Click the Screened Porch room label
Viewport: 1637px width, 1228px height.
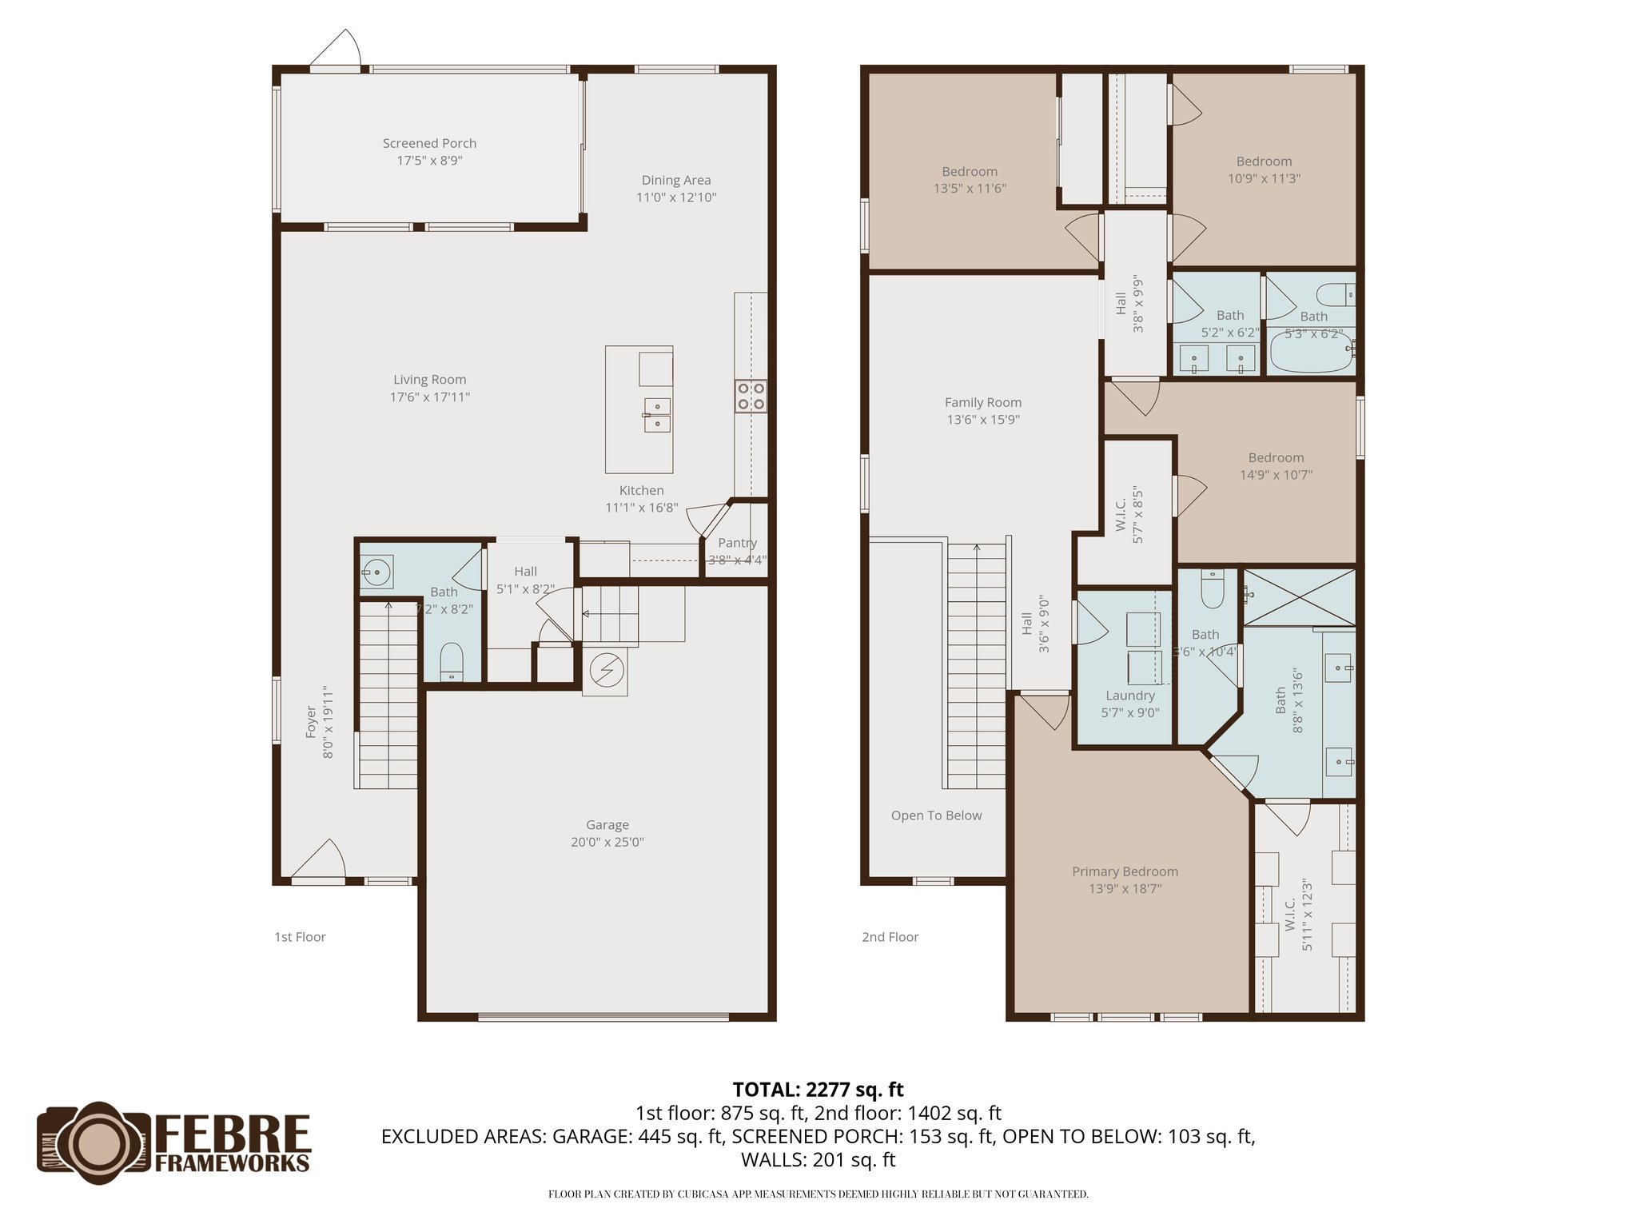pos(429,144)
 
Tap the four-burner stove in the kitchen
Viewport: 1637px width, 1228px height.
pos(751,396)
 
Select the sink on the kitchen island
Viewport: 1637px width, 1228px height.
pos(657,416)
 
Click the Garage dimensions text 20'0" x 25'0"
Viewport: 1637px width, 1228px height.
pos(607,842)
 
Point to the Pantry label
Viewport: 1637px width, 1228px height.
pos(737,543)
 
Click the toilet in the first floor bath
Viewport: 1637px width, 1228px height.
pos(452,660)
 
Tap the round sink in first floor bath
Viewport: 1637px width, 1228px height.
pos(375,572)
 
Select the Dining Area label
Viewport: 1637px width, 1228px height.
pos(675,181)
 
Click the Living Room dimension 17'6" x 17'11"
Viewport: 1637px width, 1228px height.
pos(430,397)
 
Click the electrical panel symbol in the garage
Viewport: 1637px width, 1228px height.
pos(605,671)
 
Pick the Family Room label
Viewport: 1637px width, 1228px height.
pos(982,403)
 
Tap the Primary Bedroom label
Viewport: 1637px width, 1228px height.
pos(1125,871)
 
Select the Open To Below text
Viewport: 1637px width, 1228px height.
pos(936,815)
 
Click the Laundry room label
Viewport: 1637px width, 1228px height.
pos(1129,696)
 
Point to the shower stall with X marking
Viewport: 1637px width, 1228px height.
pos(1300,597)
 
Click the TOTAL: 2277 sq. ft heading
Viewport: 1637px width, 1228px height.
pos(818,1090)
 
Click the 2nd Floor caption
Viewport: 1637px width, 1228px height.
pos(890,937)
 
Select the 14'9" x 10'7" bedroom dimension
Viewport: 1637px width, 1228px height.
pos(1276,475)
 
